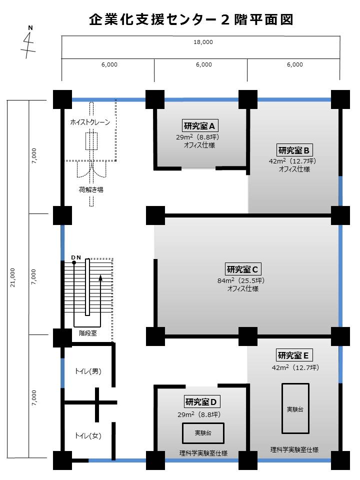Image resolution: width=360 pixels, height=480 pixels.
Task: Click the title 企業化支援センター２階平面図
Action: [x=191, y=19]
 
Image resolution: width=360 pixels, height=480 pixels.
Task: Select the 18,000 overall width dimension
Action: [x=203, y=42]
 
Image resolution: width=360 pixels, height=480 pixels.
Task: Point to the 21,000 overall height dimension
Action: [x=12, y=277]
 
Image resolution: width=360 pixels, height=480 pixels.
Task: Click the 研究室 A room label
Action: [x=199, y=125]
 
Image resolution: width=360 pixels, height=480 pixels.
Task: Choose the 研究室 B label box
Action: [x=294, y=150]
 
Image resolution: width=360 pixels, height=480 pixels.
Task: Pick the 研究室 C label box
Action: [x=242, y=269]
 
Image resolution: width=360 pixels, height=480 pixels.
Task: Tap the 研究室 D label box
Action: [x=201, y=401]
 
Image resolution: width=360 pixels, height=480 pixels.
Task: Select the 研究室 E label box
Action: [x=293, y=355]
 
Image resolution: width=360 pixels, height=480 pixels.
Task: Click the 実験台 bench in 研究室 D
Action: [x=203, y=433]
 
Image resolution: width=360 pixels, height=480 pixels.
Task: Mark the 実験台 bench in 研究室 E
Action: [x=295, y=408]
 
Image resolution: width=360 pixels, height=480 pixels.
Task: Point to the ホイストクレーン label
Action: [x=90, y=122]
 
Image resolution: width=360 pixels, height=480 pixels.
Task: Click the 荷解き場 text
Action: [x=91, y=189]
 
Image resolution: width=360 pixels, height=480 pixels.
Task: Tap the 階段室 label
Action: [x=88, y=333]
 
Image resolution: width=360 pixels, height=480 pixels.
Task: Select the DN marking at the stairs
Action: [x=76, y=257]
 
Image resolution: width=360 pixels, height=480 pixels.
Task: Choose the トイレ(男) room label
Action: [x=88, y=371]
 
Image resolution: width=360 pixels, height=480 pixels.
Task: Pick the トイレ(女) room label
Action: [x=88, y=435]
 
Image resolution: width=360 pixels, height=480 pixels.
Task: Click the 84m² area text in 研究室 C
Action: [x=226, y=280]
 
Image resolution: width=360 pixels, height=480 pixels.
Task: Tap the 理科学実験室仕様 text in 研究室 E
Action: [x=294, y=449]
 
